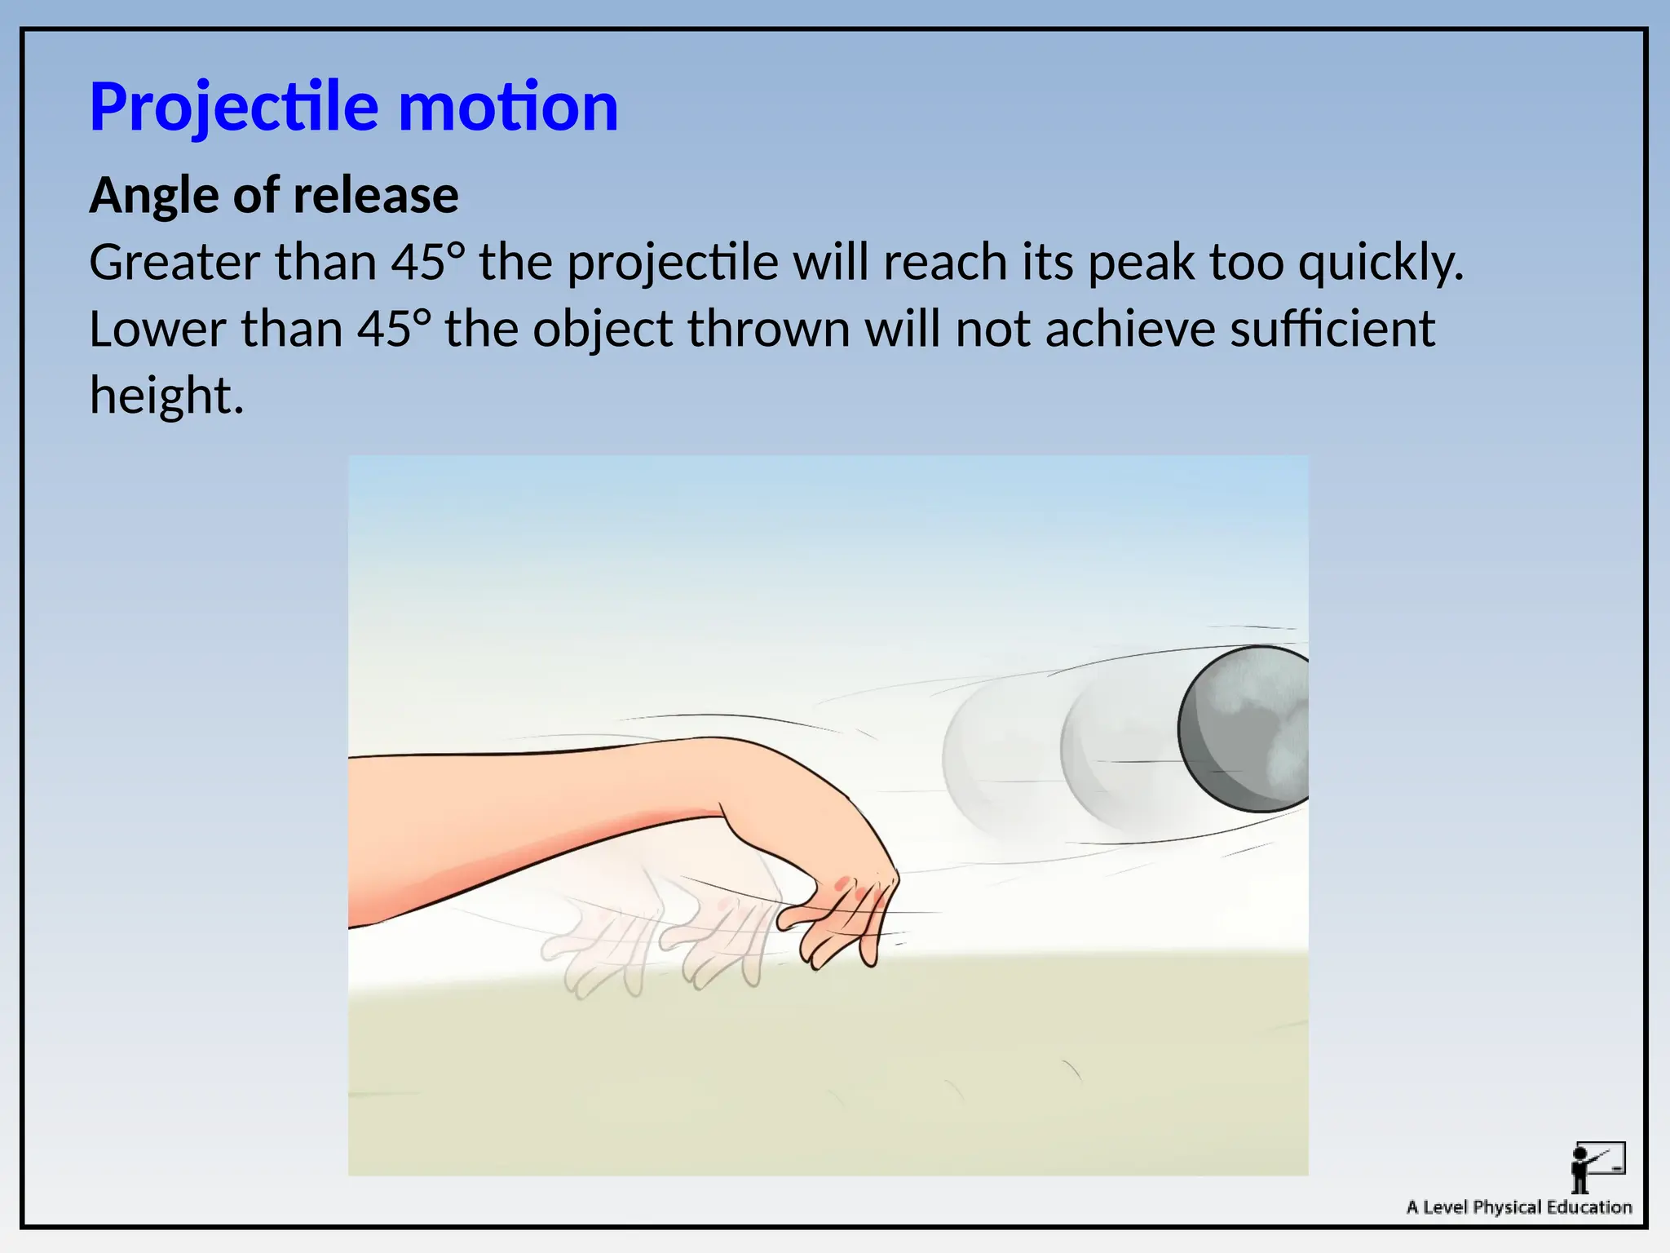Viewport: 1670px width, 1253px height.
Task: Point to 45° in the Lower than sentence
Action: coord(393,330)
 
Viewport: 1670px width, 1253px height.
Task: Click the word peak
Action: coord(1142,263)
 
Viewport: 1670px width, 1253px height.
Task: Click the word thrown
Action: coord(768,330)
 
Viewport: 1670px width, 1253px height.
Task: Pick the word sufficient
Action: coord(1332,330)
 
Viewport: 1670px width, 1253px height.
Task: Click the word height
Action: coord(166,396)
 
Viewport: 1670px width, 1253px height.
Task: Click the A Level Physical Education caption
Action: coord(1518,1207)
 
